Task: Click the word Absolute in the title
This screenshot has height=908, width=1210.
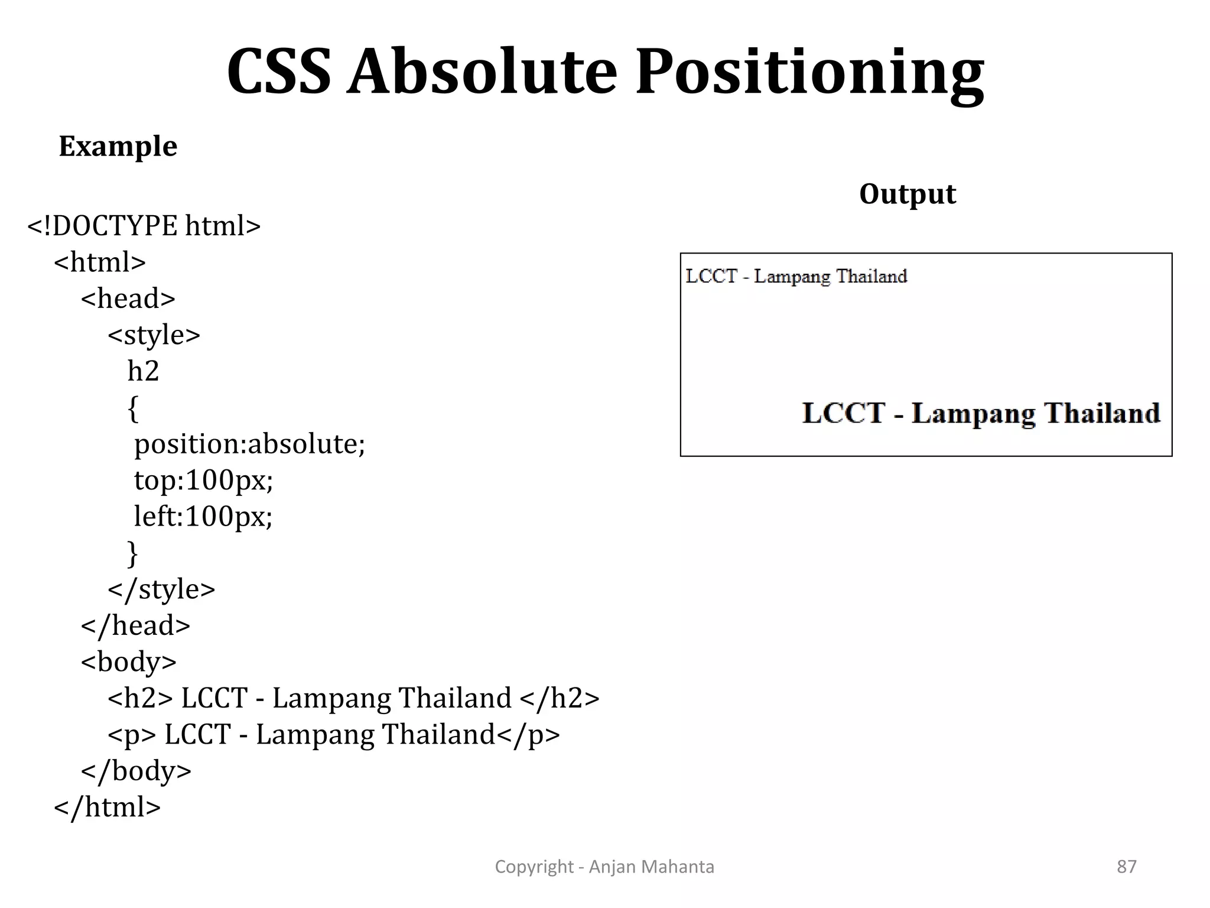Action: pos(482,72)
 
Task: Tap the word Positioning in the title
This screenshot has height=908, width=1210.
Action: pos(809,72)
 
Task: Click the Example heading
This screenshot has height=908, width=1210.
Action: pos(118,146)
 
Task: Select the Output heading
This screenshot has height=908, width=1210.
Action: pos(907,194)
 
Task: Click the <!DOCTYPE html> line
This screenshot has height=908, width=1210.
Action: pos(144,226)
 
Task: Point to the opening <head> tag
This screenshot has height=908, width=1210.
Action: pos(128,299)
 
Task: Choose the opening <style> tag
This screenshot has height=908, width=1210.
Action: pos(154,335)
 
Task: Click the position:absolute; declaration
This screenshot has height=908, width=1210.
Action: pos(250,444)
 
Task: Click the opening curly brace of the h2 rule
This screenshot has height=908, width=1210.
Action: pos(133,408)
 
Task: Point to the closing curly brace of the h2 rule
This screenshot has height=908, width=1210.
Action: pos(133,553)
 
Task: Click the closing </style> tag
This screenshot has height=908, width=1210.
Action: pos(161,589)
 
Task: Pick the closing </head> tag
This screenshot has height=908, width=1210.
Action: pos(135,625)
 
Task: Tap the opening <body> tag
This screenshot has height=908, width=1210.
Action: pos(129,662)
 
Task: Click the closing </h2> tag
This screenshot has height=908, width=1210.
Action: pos(560,698)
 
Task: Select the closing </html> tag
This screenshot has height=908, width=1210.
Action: pos(107,808)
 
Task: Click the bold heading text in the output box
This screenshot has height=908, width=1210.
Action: pos(981,413)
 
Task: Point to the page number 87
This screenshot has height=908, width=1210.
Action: pos(1126,867)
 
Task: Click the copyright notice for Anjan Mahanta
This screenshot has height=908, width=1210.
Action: pos(604,867)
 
